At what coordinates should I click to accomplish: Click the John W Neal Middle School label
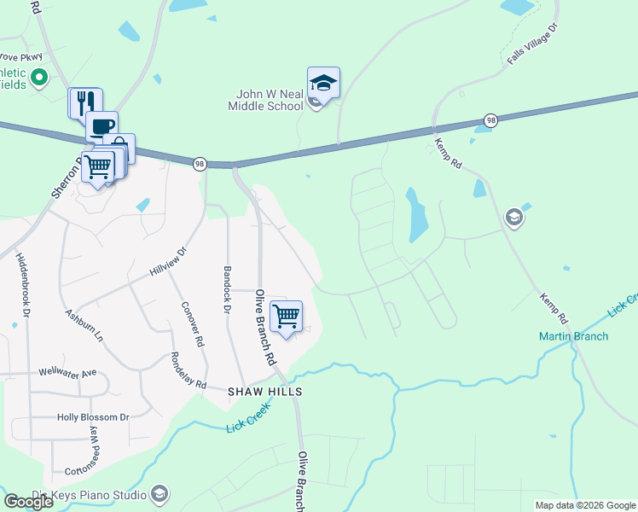(x=265, y=100)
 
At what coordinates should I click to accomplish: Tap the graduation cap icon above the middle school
(x=323, y=83)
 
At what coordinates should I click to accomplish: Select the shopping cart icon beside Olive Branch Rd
(x=287, y=317)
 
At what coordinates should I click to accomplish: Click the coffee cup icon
(x=101, y=126)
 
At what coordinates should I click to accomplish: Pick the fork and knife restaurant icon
(x=85, y=103)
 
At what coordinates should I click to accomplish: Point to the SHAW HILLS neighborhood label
(x=265, y=391)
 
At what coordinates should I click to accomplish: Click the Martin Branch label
(x=574, y=336)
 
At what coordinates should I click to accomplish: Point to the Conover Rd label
(x=193, y=323)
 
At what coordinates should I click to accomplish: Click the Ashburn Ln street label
(x=84, y=325)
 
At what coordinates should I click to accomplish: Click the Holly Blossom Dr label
(x=92, y=417)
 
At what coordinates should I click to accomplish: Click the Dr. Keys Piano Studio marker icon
(x=159, y=493)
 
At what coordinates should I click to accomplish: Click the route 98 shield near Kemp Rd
(x=490, y=121)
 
